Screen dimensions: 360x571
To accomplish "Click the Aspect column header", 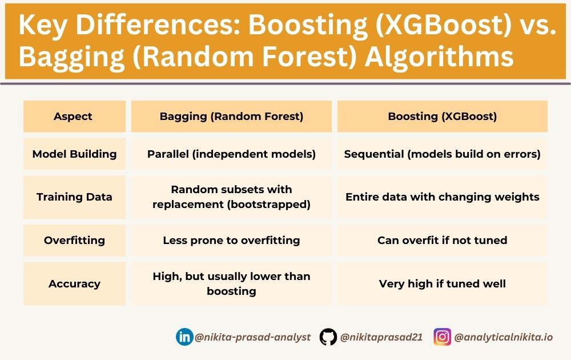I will click(x=73, y=117).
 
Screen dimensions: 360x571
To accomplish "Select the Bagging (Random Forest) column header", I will click(x=231, y=117).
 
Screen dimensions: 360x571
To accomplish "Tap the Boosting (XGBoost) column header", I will click(x=443, y=117).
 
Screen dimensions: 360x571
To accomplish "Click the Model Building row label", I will click(x=74, y=154).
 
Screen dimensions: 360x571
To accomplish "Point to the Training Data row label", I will click(x=74, y=197).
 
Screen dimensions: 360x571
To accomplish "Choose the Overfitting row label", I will click(x=74, y=240).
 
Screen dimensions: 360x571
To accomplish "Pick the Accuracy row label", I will click(x=74, y=283).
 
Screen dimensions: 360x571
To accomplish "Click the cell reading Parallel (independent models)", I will click(x=231, y=154).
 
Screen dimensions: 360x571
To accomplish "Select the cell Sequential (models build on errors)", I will click(x=443, y=154).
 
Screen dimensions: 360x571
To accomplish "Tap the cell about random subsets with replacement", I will click(x=231, y=197).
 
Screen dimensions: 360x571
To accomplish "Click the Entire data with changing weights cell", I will click(x=443, y=197).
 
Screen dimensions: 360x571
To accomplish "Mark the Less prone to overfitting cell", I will click(x=231, y=240).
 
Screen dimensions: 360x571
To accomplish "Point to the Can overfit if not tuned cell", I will click(x=443, y=240).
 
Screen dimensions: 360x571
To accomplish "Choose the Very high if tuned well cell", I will click(x=443, y=283).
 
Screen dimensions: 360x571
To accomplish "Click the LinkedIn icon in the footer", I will click(x=184, y=337).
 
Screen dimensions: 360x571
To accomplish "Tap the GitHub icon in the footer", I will click(x=328, y=337).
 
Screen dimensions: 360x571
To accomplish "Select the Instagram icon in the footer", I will click(x=442, y=337).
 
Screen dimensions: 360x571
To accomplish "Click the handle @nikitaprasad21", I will click(x=381, y=337).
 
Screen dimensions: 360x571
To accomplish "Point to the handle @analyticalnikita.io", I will click(x=503, y=337).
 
